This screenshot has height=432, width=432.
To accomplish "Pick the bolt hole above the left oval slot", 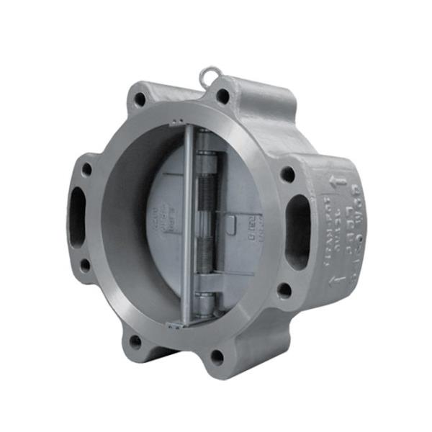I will point(87,170).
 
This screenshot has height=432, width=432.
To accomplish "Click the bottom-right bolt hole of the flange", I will point(218,356).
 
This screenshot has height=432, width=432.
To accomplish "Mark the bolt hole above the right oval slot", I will point(287,174).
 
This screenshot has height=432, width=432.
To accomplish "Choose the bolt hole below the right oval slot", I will point(285,291).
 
